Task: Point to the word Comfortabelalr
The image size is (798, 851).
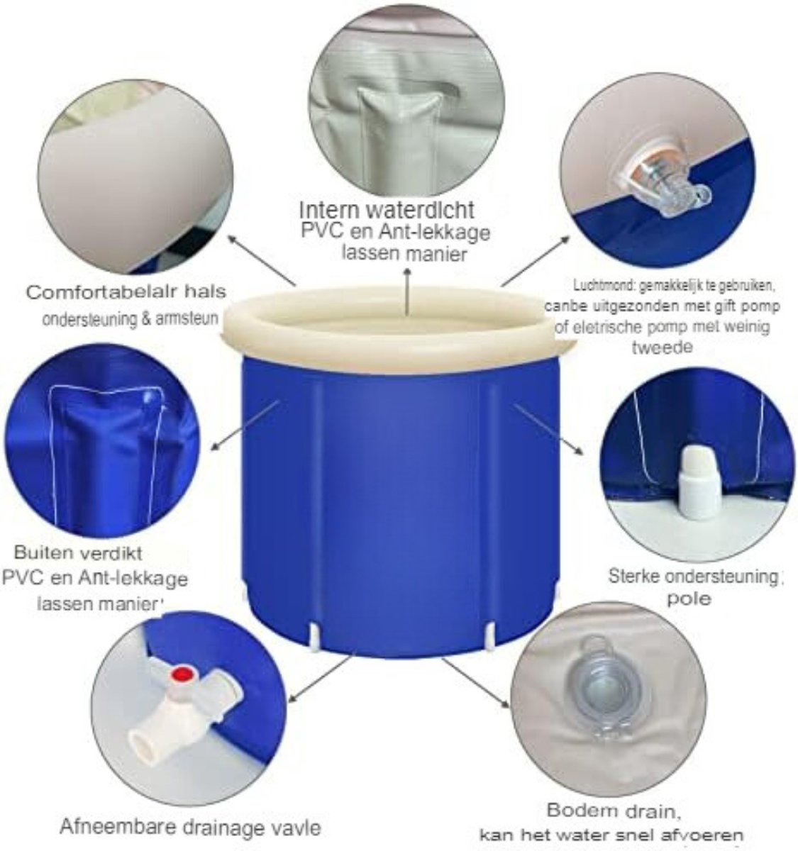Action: point(106,291)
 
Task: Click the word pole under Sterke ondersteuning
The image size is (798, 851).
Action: point(688,599)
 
